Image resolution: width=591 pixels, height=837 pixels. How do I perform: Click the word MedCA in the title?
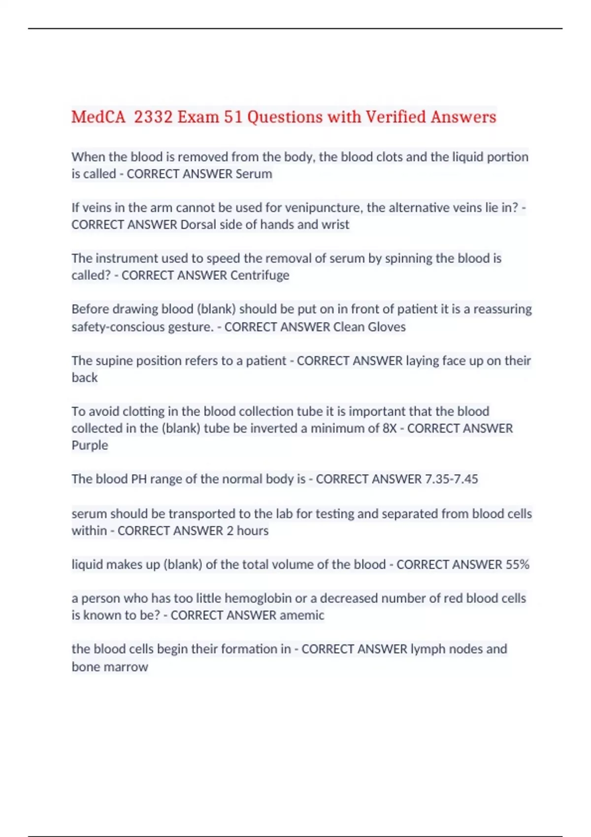[x=98, y=117]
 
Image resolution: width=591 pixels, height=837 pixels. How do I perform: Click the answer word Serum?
[x=254, y=174]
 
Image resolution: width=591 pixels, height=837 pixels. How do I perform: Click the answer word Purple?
[x=90, y=445]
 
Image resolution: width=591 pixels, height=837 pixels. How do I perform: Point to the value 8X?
[x=389, y=428]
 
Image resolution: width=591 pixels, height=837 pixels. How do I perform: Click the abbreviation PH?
[x=139, y=479]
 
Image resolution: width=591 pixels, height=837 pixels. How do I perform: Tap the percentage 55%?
[x=517, y=565]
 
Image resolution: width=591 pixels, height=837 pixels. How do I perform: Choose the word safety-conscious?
[x=142, y=327]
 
